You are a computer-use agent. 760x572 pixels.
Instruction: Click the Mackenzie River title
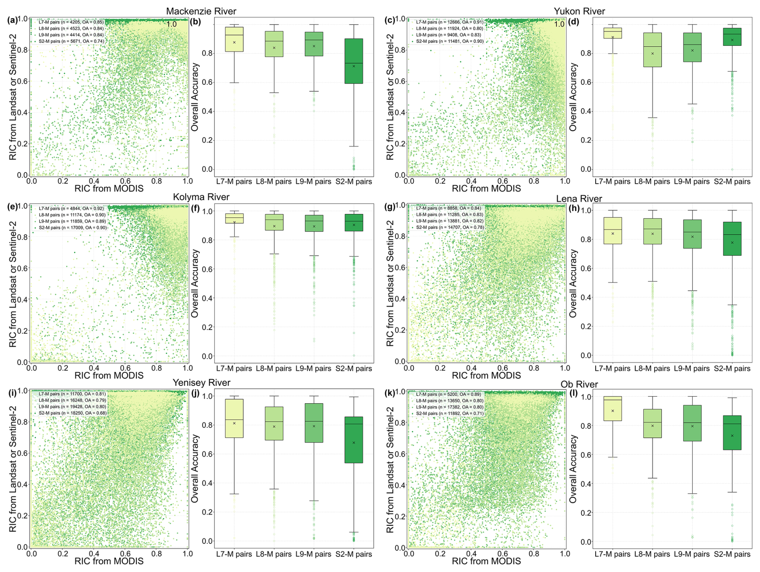pyautogui.click(x=201, y=11)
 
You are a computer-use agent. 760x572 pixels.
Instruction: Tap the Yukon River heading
pyautogui.click(x=579, y=11)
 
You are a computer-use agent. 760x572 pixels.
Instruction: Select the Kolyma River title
pyautogui.click(x=201, y=197)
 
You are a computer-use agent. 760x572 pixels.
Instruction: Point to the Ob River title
pyautogui.click(x=579, y=384)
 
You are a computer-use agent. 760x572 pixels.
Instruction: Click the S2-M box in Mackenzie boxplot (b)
pyautogui.click(x=353, y=61)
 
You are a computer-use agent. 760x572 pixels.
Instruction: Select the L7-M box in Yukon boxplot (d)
pyautogui.click(x=613, y=33)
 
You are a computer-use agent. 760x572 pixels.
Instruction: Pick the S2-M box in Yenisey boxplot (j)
pyautogui.click(x=353, y=440)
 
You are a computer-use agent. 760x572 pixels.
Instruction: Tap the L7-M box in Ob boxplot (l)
pyautogui.click(x=613, y=408)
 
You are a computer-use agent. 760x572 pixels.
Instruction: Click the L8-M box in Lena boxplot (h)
pyautogui.click(x=652, y=231)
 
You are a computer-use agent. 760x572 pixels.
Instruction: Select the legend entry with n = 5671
pyautogui.click(x=71, y=41)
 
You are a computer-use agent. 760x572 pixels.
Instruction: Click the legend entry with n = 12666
pyautogui.click(x=449, y=22)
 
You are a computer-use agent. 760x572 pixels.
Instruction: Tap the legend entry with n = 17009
pyautogui.click(x=72, y=228)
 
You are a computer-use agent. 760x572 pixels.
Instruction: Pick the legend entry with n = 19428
pyautogui.click(x=72, y=407)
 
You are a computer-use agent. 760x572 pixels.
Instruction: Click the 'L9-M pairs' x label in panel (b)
pyautogui.click(x=313, y=182)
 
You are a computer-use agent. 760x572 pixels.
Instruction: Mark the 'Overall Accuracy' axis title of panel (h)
pyautogui.click(x=573, y=283)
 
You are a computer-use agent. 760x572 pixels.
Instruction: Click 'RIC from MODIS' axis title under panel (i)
pyautogui.click(x=109, y=561)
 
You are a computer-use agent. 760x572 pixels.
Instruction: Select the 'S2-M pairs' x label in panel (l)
pyautogui.click(x=732, y=554)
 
